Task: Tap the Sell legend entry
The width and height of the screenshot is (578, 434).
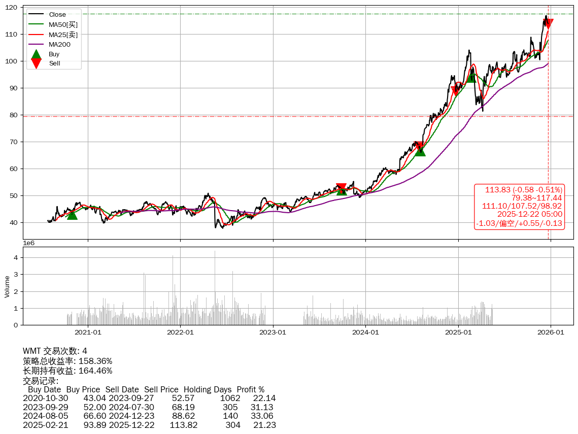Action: pos(54,63)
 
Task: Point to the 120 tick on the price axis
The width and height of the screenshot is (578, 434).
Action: pos(12,8)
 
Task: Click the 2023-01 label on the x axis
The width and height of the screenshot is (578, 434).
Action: pos(273,332)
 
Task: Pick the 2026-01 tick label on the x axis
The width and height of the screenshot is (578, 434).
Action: pos(551,332)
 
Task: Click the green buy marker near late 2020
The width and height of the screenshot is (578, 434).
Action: pos(72,215)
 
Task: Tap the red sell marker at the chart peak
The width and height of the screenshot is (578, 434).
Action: pos(548,23)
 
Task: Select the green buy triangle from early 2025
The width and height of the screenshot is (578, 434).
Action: pos(472,77)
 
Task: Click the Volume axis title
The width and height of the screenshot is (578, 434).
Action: pos(7,286)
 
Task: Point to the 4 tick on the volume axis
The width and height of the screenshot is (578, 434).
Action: pos(16,257)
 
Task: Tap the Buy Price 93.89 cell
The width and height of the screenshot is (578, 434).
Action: pos(95,425)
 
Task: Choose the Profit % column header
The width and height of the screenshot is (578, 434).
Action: pos(250,390)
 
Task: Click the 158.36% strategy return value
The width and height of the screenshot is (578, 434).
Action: pos(95,361)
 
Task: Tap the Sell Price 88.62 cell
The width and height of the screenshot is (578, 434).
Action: pos(183,416)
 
